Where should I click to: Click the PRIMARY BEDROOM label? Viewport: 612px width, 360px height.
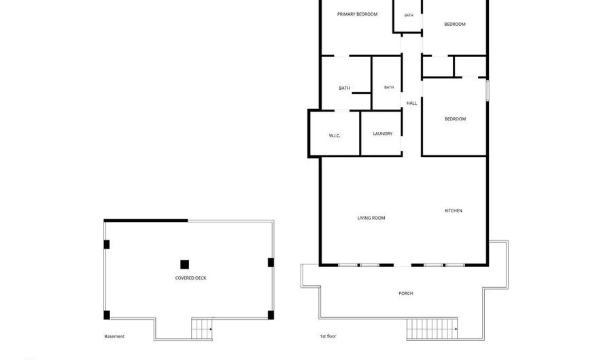point(357,14)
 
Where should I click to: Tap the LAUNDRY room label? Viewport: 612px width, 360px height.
point(382,133)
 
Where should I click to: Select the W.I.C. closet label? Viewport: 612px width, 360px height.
point(335,136)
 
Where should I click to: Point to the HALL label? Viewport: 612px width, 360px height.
point(411,103)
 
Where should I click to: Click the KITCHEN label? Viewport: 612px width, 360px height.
point(454,210)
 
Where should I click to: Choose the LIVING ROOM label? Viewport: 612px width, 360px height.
point(371,218)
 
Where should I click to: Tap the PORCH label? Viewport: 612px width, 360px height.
point(406,293)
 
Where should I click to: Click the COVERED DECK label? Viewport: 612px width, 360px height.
point(190,278)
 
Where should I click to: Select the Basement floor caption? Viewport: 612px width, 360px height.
point(114,336)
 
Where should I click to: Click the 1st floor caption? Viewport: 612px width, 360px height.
point(328,336)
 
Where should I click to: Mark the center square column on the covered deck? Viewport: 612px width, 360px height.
point(184,264)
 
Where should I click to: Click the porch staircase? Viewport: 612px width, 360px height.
point(432,329)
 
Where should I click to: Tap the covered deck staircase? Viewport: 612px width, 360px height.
point(202,329)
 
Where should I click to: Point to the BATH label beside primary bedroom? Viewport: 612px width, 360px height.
point(409,15)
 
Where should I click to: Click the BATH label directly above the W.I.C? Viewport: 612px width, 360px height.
point(344,88)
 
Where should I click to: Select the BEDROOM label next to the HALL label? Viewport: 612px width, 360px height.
point(455,119)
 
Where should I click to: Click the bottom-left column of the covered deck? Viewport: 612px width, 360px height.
point(107,314)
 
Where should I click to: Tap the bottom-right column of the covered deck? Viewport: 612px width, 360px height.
point(271,314)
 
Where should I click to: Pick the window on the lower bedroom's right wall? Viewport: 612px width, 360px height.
point(487,91)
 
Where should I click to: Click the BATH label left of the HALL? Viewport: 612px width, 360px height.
point(389,88)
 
